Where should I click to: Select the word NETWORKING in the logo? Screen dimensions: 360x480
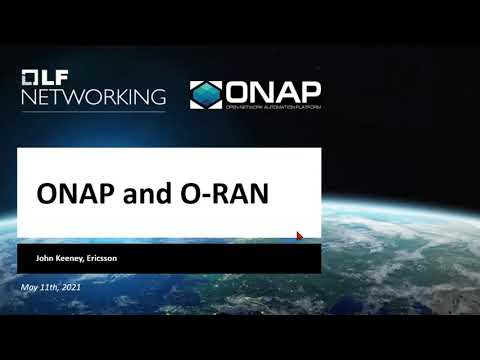click(x=93, y=97)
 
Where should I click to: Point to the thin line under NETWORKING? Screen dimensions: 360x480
click(x=93, y=111)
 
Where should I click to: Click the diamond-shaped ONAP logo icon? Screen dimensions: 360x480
click(x=208, y=94)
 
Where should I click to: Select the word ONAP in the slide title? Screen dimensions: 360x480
click(x=77, y=193)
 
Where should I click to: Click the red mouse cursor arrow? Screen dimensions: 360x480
click(x=299, y=236)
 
